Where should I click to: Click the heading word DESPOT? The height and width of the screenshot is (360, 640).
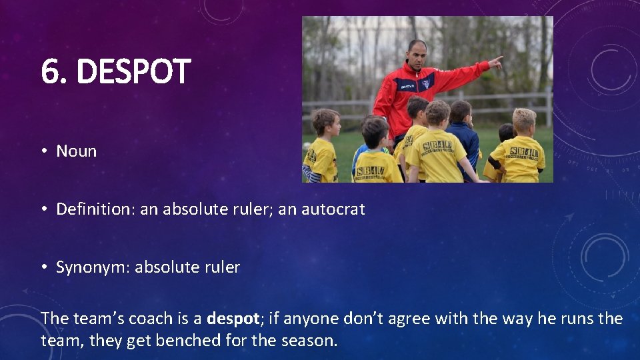coord(133,72)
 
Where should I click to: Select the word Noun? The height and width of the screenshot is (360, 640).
coord(76,151)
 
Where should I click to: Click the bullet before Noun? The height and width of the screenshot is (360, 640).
coord(43,151)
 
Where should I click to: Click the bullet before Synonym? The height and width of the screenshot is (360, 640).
coord(43,268)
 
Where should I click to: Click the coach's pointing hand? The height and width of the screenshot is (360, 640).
coord(495,63)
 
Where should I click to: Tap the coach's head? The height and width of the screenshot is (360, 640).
coord(417,55)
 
